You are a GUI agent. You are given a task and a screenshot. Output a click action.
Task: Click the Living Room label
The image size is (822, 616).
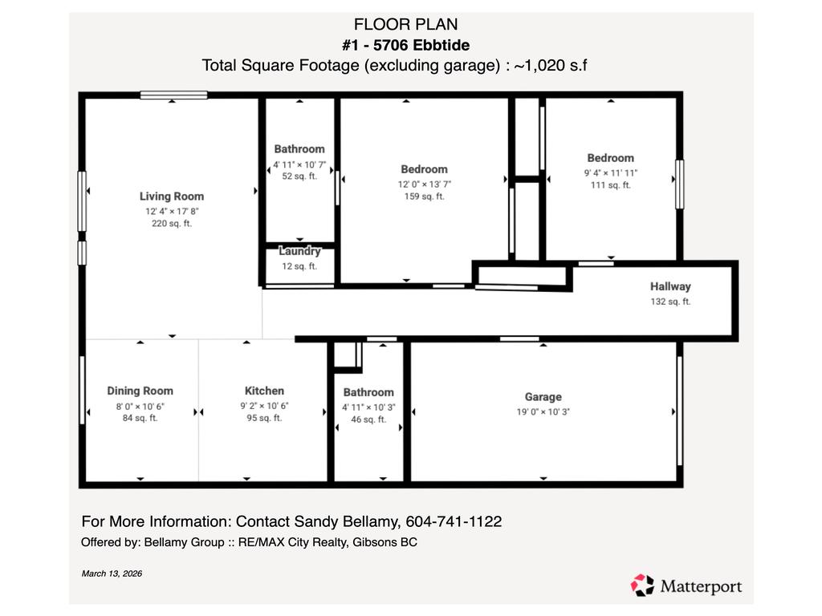point(171,196)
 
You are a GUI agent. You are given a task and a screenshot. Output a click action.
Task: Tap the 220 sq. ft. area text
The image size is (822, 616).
point(171,224)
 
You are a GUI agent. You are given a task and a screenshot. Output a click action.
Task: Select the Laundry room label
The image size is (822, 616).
point(299,251)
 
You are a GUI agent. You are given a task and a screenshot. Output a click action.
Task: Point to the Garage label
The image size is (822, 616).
point(543,396)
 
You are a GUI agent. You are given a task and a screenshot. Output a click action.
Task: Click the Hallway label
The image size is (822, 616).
point(669,286)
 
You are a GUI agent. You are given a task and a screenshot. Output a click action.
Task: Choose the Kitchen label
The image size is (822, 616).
point(264,391)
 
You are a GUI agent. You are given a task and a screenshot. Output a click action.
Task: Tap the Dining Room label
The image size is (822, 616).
point(140,391)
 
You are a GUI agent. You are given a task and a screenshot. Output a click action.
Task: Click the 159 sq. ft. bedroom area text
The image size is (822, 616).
point(424,197)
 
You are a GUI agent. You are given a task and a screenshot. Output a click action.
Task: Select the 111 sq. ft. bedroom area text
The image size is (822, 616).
point(610,185)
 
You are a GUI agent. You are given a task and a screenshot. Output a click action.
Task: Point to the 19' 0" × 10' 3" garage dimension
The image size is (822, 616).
point(543,411)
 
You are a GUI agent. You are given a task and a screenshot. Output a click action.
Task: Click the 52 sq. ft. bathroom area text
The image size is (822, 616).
point(299,176)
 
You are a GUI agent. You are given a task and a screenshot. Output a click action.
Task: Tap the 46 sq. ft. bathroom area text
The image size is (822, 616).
point(368,419)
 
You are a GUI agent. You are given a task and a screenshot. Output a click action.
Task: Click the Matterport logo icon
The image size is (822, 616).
point(643,585)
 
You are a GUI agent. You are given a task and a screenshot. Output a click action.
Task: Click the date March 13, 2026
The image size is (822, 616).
point(112,573)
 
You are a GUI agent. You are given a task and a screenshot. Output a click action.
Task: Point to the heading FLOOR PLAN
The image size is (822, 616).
point(410,25)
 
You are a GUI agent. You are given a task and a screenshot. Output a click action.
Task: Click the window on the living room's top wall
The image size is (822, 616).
point(173,95)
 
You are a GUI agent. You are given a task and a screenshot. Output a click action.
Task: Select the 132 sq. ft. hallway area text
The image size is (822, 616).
point(669,302)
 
